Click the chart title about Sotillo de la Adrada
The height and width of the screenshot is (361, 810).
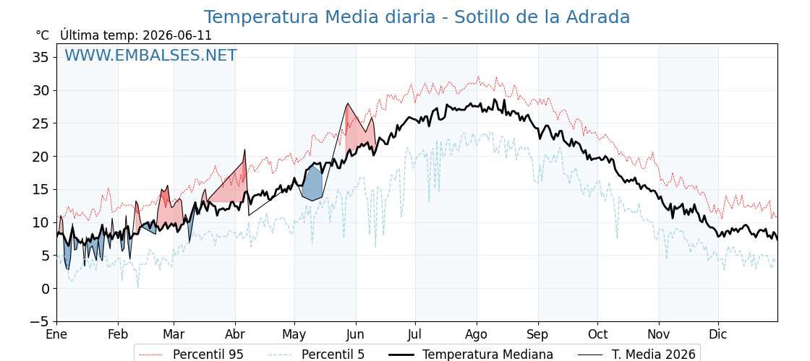417,17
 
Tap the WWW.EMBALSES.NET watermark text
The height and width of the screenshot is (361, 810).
151,55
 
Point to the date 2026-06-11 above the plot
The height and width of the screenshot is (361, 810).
177,35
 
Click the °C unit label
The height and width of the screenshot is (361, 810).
43,35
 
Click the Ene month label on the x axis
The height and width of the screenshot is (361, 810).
57,334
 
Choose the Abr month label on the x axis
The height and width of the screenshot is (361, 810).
236,334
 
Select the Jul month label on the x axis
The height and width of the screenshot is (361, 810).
415,334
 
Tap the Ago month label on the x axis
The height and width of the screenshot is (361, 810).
477,335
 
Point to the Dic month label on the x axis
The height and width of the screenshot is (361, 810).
718,334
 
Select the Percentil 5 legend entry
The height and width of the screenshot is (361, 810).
316,355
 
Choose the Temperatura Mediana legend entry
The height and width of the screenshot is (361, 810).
470,355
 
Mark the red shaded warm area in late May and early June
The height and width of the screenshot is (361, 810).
357,131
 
